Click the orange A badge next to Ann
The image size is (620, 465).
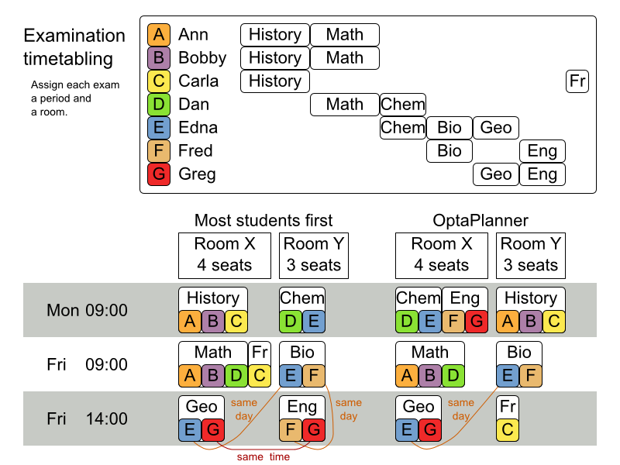tap(158, 35)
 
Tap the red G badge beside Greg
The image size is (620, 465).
tap(158, 174)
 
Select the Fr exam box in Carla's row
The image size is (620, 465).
tap(577, 81)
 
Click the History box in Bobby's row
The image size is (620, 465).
tap(275, 58)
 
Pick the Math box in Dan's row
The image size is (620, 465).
tap(345, 105)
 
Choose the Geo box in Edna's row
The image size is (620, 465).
tap(496, 128)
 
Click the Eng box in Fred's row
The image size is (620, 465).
tap(542, 151)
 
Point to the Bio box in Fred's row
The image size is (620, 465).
tap(449, 151)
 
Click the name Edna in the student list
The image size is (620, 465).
tap(198, 128)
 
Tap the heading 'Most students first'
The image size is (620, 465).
tap(263, 220)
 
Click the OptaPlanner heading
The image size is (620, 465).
tap(480, 220)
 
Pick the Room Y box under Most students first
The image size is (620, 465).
tap(314, 254)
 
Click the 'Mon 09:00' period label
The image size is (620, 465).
tap(87, 311)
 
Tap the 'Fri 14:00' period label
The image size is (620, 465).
tap(87, 419)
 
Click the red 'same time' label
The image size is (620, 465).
tap(263, 456)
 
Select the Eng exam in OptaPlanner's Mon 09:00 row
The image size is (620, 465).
tap(465, 298)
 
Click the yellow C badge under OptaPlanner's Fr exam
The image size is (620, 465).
tap(508, 430)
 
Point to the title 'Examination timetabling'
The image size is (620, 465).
tap(74, 46)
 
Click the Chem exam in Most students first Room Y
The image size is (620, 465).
tap(302, 298)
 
